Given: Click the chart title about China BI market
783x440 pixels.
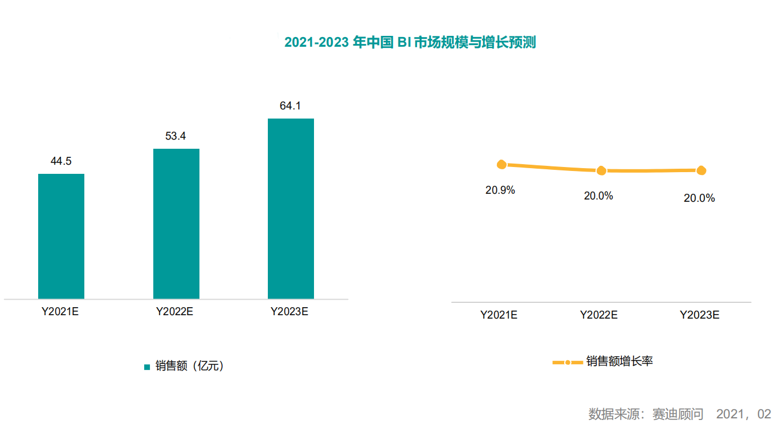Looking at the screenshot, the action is click(x=410, y=42).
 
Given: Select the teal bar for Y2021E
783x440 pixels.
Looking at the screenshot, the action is click(x=61, y=237).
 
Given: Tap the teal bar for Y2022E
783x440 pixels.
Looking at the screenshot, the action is click(x=176, y=223).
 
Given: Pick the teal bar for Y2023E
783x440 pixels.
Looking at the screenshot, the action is click(x=291, y=209).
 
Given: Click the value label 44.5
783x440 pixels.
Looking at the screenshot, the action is click(x=61, y=161).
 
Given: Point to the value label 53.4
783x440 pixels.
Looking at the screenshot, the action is click(x=176, y=136).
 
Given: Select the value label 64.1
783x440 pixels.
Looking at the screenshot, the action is click(x=290, y=105).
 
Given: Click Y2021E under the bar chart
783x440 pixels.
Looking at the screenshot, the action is click(x=60, y=311).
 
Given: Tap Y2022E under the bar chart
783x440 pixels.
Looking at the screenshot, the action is click(x=174, y=311).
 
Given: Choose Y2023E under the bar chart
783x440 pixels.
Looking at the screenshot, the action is click(x=289, y=311).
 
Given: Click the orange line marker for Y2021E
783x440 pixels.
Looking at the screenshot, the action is click(x=501, y=164).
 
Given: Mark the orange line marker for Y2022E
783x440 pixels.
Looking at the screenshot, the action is click(x=601, y=170).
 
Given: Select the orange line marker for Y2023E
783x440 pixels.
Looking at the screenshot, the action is click(x=701, y=170).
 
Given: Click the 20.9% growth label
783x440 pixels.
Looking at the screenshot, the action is click(x=500, y=190).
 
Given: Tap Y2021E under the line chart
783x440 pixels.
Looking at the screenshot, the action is click(x=499, y=315).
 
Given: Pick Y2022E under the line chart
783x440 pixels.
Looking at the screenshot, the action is click(x=599, y=315).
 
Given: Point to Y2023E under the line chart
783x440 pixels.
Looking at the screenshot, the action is click(x=699, y=315).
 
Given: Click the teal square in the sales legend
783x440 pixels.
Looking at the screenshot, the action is click(x=147, y=367).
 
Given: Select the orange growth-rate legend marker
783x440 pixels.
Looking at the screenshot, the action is click(x=568, y=362).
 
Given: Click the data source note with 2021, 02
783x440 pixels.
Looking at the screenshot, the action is click(x=679, y=414).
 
